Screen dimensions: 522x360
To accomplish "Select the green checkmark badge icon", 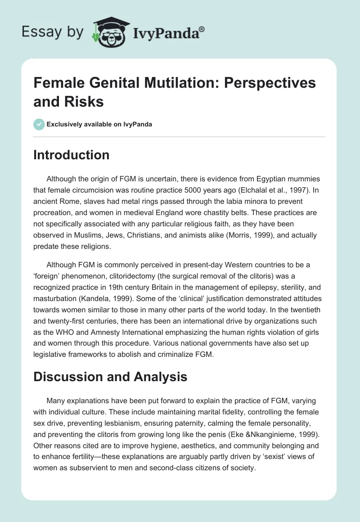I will click(39, 124).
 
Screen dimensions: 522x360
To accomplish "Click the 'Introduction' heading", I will click(71, 155).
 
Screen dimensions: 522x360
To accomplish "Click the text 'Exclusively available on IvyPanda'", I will click(99, 124).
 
